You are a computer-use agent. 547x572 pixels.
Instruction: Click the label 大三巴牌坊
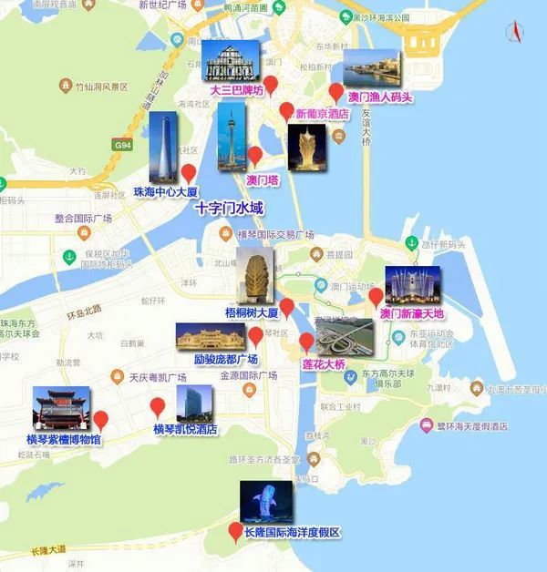236,91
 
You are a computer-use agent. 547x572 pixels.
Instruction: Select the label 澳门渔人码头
380,96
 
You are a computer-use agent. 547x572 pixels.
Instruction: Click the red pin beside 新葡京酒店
286,111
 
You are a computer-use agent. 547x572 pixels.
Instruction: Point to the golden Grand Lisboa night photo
305,147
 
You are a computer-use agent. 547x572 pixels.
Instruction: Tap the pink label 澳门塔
263,180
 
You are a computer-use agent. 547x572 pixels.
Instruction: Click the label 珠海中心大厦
165,193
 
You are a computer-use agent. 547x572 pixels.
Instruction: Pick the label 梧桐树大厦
251,312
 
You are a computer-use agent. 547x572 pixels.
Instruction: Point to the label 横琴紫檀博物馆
64,439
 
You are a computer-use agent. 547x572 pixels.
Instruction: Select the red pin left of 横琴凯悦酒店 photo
158,406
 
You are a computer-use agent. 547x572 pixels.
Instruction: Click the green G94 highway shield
123,146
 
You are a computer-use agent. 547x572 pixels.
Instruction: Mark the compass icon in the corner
515,33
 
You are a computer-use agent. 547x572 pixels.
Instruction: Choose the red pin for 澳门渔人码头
336,92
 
